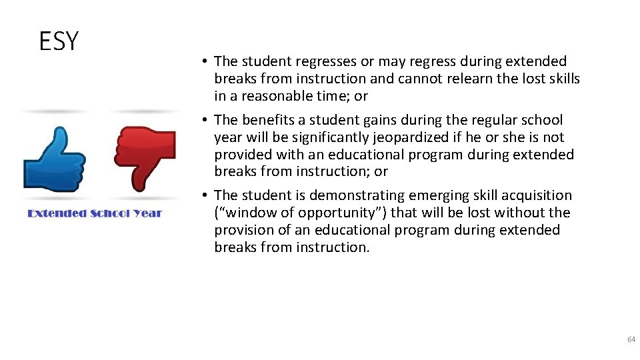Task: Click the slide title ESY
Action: [59, 41]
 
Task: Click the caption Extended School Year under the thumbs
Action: [95, 213]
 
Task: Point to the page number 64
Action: [631, 340]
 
